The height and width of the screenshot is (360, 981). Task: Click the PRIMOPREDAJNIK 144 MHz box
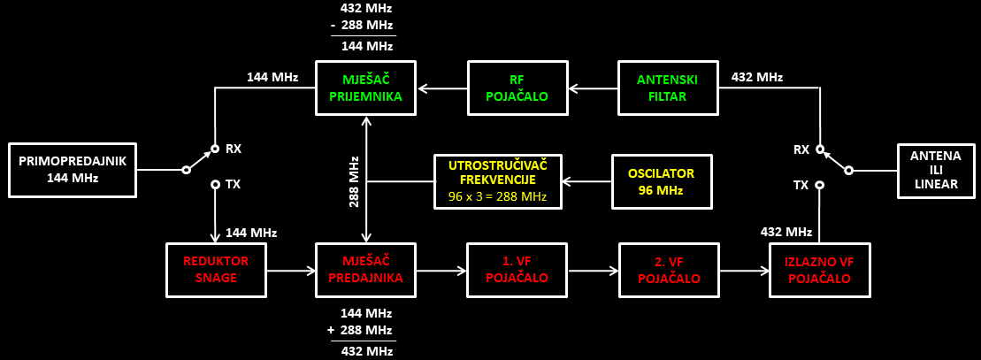tap(73, 170)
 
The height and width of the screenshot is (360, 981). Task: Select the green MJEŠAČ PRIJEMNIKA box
tap(366, 88)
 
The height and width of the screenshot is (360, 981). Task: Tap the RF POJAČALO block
tap(518, 88)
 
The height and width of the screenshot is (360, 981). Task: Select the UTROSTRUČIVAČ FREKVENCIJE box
tap(499, 181)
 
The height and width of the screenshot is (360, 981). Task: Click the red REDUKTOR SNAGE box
tap(216, 269)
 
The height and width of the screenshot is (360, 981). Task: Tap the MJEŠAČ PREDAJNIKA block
tap(366, 269)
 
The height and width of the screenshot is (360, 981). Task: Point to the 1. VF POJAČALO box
tap(518, 269)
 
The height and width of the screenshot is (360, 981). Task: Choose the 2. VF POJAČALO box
tap(670, 269)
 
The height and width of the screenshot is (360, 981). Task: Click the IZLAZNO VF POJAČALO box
tap(820, 269)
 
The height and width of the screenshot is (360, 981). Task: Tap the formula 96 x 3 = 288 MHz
tap(499, 196)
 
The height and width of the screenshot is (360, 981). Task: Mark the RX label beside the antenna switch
tap(801, 149)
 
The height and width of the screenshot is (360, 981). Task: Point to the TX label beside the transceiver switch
tap(234, 185)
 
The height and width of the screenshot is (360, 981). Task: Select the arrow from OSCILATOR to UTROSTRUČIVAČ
tap(586, 181)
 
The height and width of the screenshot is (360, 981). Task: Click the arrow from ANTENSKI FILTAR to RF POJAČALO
tap(593, 88)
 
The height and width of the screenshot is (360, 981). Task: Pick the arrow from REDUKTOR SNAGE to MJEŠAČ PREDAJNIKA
tap(291, 270)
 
